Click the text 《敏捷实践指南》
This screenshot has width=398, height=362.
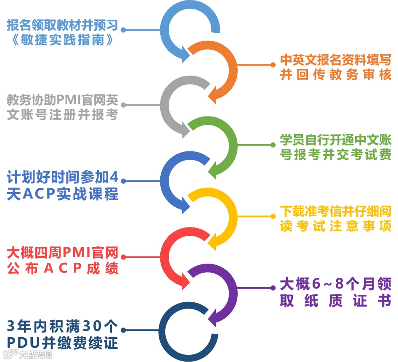tap(62, 41)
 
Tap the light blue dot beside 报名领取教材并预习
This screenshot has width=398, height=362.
tap(123, 30)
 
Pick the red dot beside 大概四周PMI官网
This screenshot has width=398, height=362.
tap(123, 257)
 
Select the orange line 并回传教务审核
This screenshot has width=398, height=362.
tap(336, 74)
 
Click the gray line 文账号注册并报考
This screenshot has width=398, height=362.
tap(62, 115)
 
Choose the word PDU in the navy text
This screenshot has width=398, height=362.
tap(24, 342)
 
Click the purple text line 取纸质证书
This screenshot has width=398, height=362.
tap(336, 301)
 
